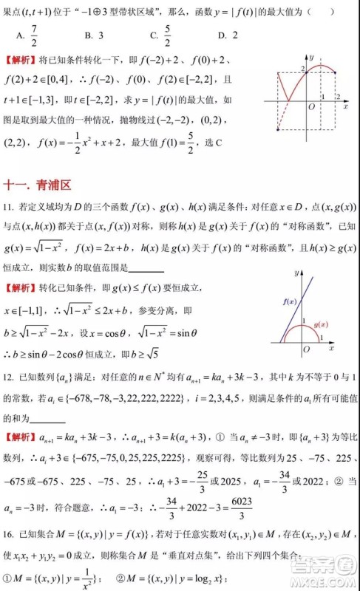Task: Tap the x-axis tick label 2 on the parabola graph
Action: click(x=338, y=97)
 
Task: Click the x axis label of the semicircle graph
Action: click(x=332, y=347)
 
